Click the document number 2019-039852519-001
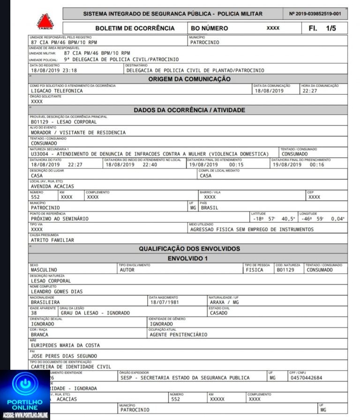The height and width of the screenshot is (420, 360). click(x=315, y=14)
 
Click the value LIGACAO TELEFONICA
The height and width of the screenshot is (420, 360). click(x=57, y=91)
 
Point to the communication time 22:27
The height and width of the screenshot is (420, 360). click(x=310, y=91)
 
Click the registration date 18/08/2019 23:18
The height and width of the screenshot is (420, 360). click(x=54, y=70)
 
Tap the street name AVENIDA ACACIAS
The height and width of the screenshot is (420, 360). click(x=52, y=186)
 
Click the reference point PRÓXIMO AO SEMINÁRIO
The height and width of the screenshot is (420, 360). click(x=60, y=219)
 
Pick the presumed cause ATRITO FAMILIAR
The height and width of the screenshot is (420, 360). click(x=52, y=240)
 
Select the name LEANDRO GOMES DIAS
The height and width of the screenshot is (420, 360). click(x=56, y=291)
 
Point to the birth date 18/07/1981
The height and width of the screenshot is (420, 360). click(x=165, y=302)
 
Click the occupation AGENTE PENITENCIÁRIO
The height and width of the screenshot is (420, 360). click(x=178, y=335)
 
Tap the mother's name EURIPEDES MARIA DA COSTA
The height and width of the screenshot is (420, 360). click(x=65, y=345)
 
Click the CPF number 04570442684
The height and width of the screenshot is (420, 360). click(x=306, y=378)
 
